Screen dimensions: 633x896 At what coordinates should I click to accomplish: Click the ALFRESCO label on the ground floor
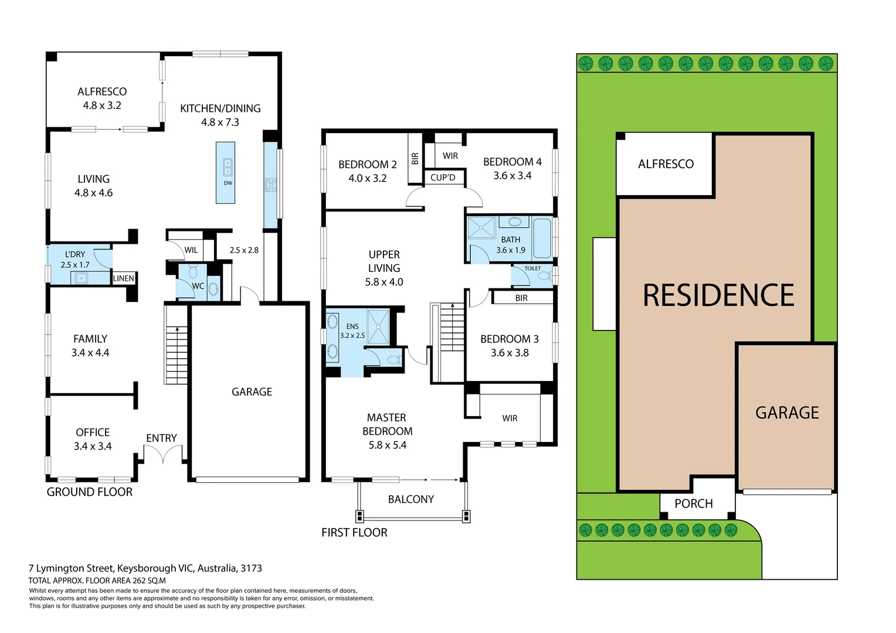tap(102, 91)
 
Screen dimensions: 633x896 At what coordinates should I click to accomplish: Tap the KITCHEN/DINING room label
tap(220, 108)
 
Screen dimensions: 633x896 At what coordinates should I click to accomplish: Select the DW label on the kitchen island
tap(228, 183)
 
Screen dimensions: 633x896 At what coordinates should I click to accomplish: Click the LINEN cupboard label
tap(123, 278)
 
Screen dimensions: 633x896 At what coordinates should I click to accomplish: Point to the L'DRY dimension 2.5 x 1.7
tap(75, 265)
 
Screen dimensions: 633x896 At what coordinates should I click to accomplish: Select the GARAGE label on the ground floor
tap(252, 392)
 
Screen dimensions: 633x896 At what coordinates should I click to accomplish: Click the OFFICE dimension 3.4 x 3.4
tap(93, 446)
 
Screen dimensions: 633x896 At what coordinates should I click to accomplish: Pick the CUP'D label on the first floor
tap(443, 178)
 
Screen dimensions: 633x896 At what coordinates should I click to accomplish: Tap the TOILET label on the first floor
tap(532, 268)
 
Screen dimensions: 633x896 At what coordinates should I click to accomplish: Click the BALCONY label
tap(410, 499)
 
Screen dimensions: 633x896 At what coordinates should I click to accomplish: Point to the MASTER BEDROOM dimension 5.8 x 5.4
tap(387, 445)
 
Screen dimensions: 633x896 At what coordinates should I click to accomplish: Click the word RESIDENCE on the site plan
tap(718, 295)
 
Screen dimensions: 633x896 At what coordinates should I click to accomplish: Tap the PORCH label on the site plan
tap(693, 503)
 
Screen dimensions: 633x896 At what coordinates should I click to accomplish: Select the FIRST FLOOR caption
tap(354, 532)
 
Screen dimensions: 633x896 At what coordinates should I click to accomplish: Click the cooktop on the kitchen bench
tap(271, 185)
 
